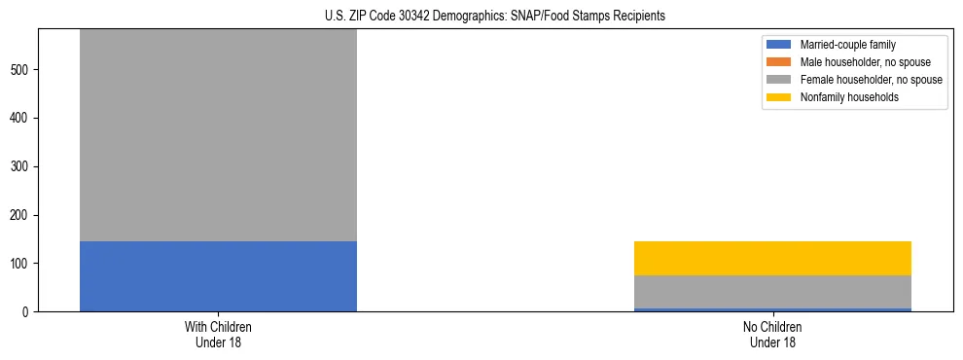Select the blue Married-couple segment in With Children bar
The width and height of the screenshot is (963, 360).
(x=218, y=276)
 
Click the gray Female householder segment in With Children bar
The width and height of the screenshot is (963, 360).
(x=218, y=135)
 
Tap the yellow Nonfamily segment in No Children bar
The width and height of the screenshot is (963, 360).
(x=772, y=258)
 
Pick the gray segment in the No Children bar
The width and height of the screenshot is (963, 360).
(x=772, y=292)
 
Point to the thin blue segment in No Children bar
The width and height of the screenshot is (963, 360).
(x=772, y=309)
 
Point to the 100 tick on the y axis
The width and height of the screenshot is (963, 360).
(x=23, y=264)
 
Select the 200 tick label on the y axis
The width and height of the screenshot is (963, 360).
(x=23, y=215)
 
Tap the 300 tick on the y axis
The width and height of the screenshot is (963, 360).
(x=23, y=166)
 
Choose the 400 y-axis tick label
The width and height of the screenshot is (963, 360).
(x=23, y=119)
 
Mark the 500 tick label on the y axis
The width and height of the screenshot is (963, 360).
(x=23, y=70)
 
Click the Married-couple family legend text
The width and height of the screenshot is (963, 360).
(x=847, y=45)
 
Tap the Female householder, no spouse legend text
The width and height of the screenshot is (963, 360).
(x=871, y=80)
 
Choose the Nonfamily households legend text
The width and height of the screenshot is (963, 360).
(x=849, y=97)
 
